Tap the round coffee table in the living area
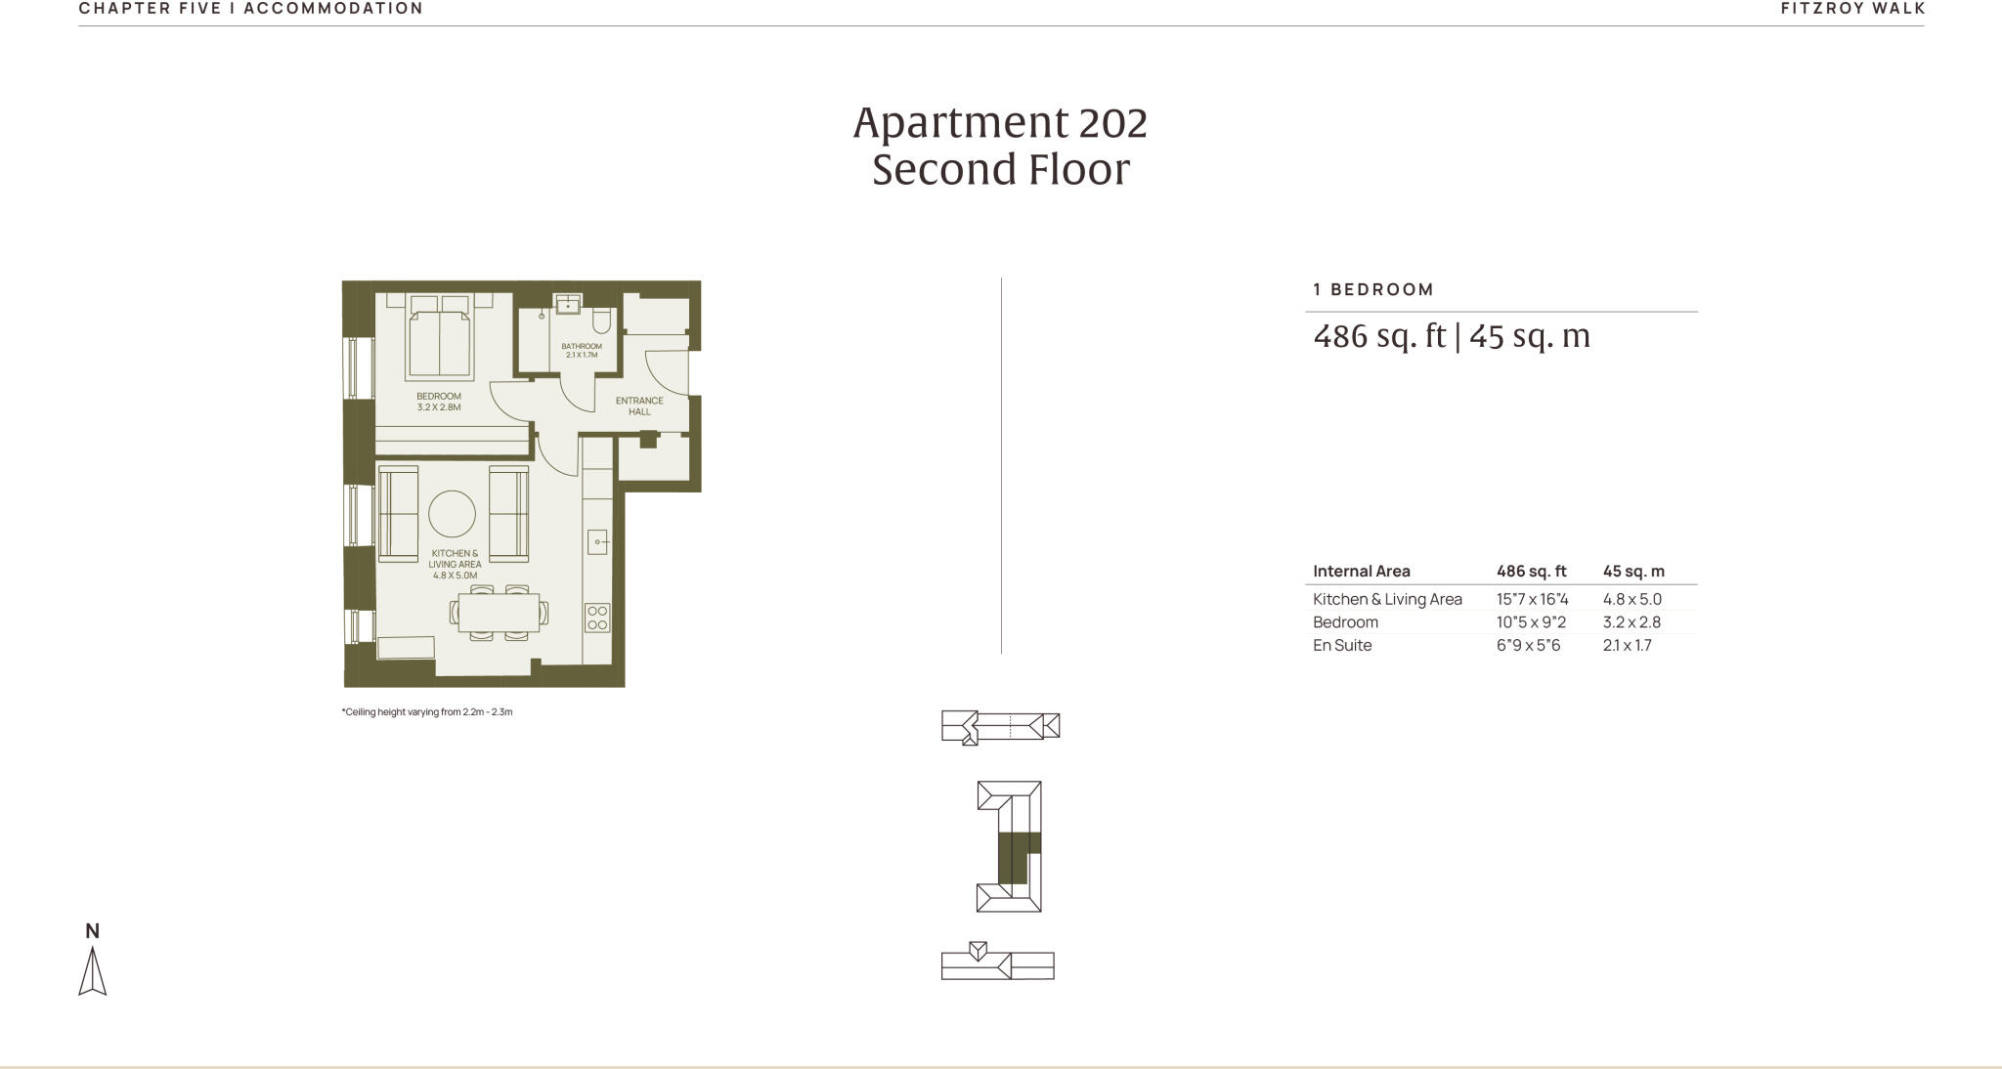452,513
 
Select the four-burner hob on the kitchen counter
597,618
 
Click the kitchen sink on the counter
597,540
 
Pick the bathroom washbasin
568,304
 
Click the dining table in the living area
499,613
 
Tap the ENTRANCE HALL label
639,406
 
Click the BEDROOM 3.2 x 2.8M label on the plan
439,402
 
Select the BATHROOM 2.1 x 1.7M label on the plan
582,350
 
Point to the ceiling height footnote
427,711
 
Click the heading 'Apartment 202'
1000,123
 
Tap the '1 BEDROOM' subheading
1373,289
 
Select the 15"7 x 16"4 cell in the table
1532,599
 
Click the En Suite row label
1342,645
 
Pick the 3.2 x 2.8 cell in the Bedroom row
1632,621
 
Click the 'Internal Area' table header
1361,571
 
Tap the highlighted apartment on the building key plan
1015,856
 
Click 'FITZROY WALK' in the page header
1852,9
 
